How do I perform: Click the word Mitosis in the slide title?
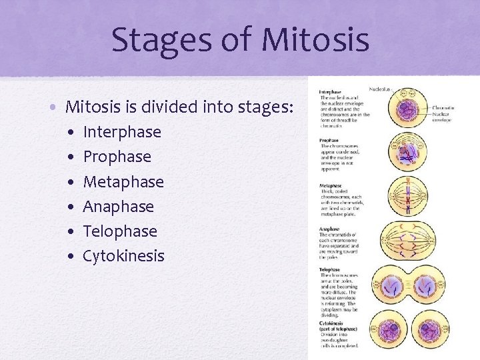pos(315,39)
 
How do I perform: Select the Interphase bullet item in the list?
pos(122,132)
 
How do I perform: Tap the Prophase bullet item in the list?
pos(117,157)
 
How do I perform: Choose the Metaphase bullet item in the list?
pos(123,181)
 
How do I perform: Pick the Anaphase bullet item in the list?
pos(118,207)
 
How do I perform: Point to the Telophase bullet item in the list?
pos(120,231)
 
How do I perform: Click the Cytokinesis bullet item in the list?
pos(123,256)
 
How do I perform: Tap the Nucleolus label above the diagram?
pos(381,89)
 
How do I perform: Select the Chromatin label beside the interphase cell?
pos(443,107)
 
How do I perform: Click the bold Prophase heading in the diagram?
pos(329,140)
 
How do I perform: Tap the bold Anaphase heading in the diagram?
pos(329,230)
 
